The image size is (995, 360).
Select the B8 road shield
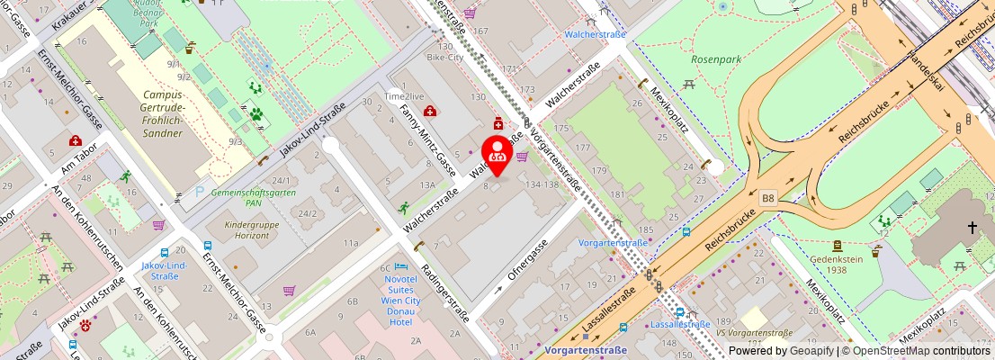[767, 196]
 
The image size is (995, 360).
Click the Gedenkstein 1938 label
[838, 262]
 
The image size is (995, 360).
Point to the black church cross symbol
[972, 229]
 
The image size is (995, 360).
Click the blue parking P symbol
[199, 191]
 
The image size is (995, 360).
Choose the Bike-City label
[444, 58]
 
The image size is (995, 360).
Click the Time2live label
[405, 95]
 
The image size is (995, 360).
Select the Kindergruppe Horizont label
[247, 229]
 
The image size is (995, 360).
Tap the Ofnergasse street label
[527, 258]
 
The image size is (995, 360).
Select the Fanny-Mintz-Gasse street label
[427, 140]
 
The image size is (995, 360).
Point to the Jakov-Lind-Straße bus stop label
[165, 271]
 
